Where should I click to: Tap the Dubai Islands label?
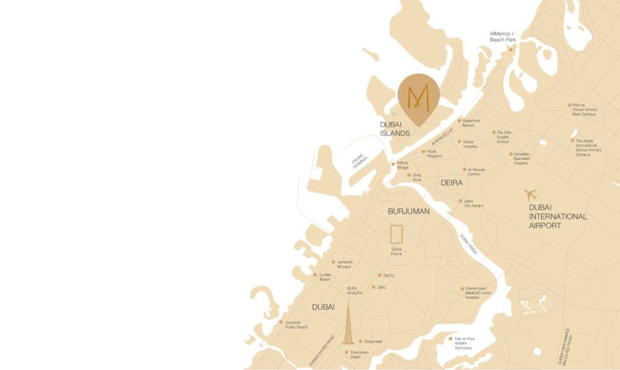tap(395, 129)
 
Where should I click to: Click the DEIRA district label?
tap(451, 183)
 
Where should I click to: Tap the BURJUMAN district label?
tap(409, 211)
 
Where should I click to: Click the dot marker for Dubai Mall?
tap(360, 341)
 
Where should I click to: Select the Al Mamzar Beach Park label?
tap(502, 37)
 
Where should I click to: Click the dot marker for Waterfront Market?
tap(459, 121)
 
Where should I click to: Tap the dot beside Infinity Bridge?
tap(392, 164)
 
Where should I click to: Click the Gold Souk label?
tap(417, 177)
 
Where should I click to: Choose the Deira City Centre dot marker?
tap(460, 201)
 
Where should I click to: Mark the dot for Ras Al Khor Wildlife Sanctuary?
tap(451, 338)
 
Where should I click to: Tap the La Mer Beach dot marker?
tap(315, 275)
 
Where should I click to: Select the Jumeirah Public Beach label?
tap(296, 325)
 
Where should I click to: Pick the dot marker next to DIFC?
tap(373, 287)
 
